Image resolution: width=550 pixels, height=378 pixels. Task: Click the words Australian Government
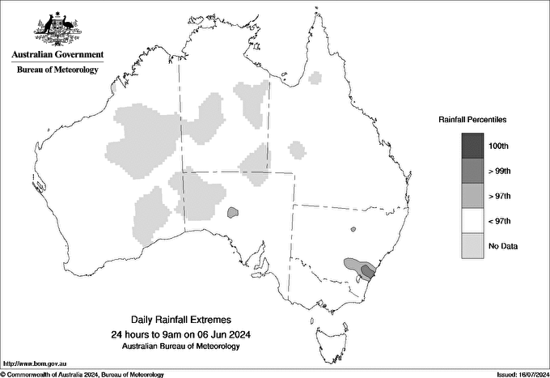tap(57, 55)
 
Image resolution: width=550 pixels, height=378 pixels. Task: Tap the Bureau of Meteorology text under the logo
tap(57, 70)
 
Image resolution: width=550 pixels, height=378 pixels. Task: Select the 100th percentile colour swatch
tap(473, 146)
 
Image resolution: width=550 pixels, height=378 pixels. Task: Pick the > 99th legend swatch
tap(473, 171)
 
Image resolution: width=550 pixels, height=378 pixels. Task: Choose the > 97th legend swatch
tap(473, 196)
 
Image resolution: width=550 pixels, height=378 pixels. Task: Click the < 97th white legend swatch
tap(473, 221)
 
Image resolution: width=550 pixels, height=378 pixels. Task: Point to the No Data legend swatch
tap(473, 246)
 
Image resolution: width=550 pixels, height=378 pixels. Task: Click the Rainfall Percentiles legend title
tap(472, 120)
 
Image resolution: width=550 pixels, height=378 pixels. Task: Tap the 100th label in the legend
tap(499, 146)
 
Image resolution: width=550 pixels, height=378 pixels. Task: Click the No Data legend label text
tap(503, 246)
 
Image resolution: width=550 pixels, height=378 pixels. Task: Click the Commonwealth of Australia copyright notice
tap(82, 374)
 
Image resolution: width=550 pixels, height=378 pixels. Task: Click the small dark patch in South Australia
tap(232, 213)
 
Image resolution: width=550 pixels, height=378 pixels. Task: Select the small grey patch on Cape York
tap(315, 79)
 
